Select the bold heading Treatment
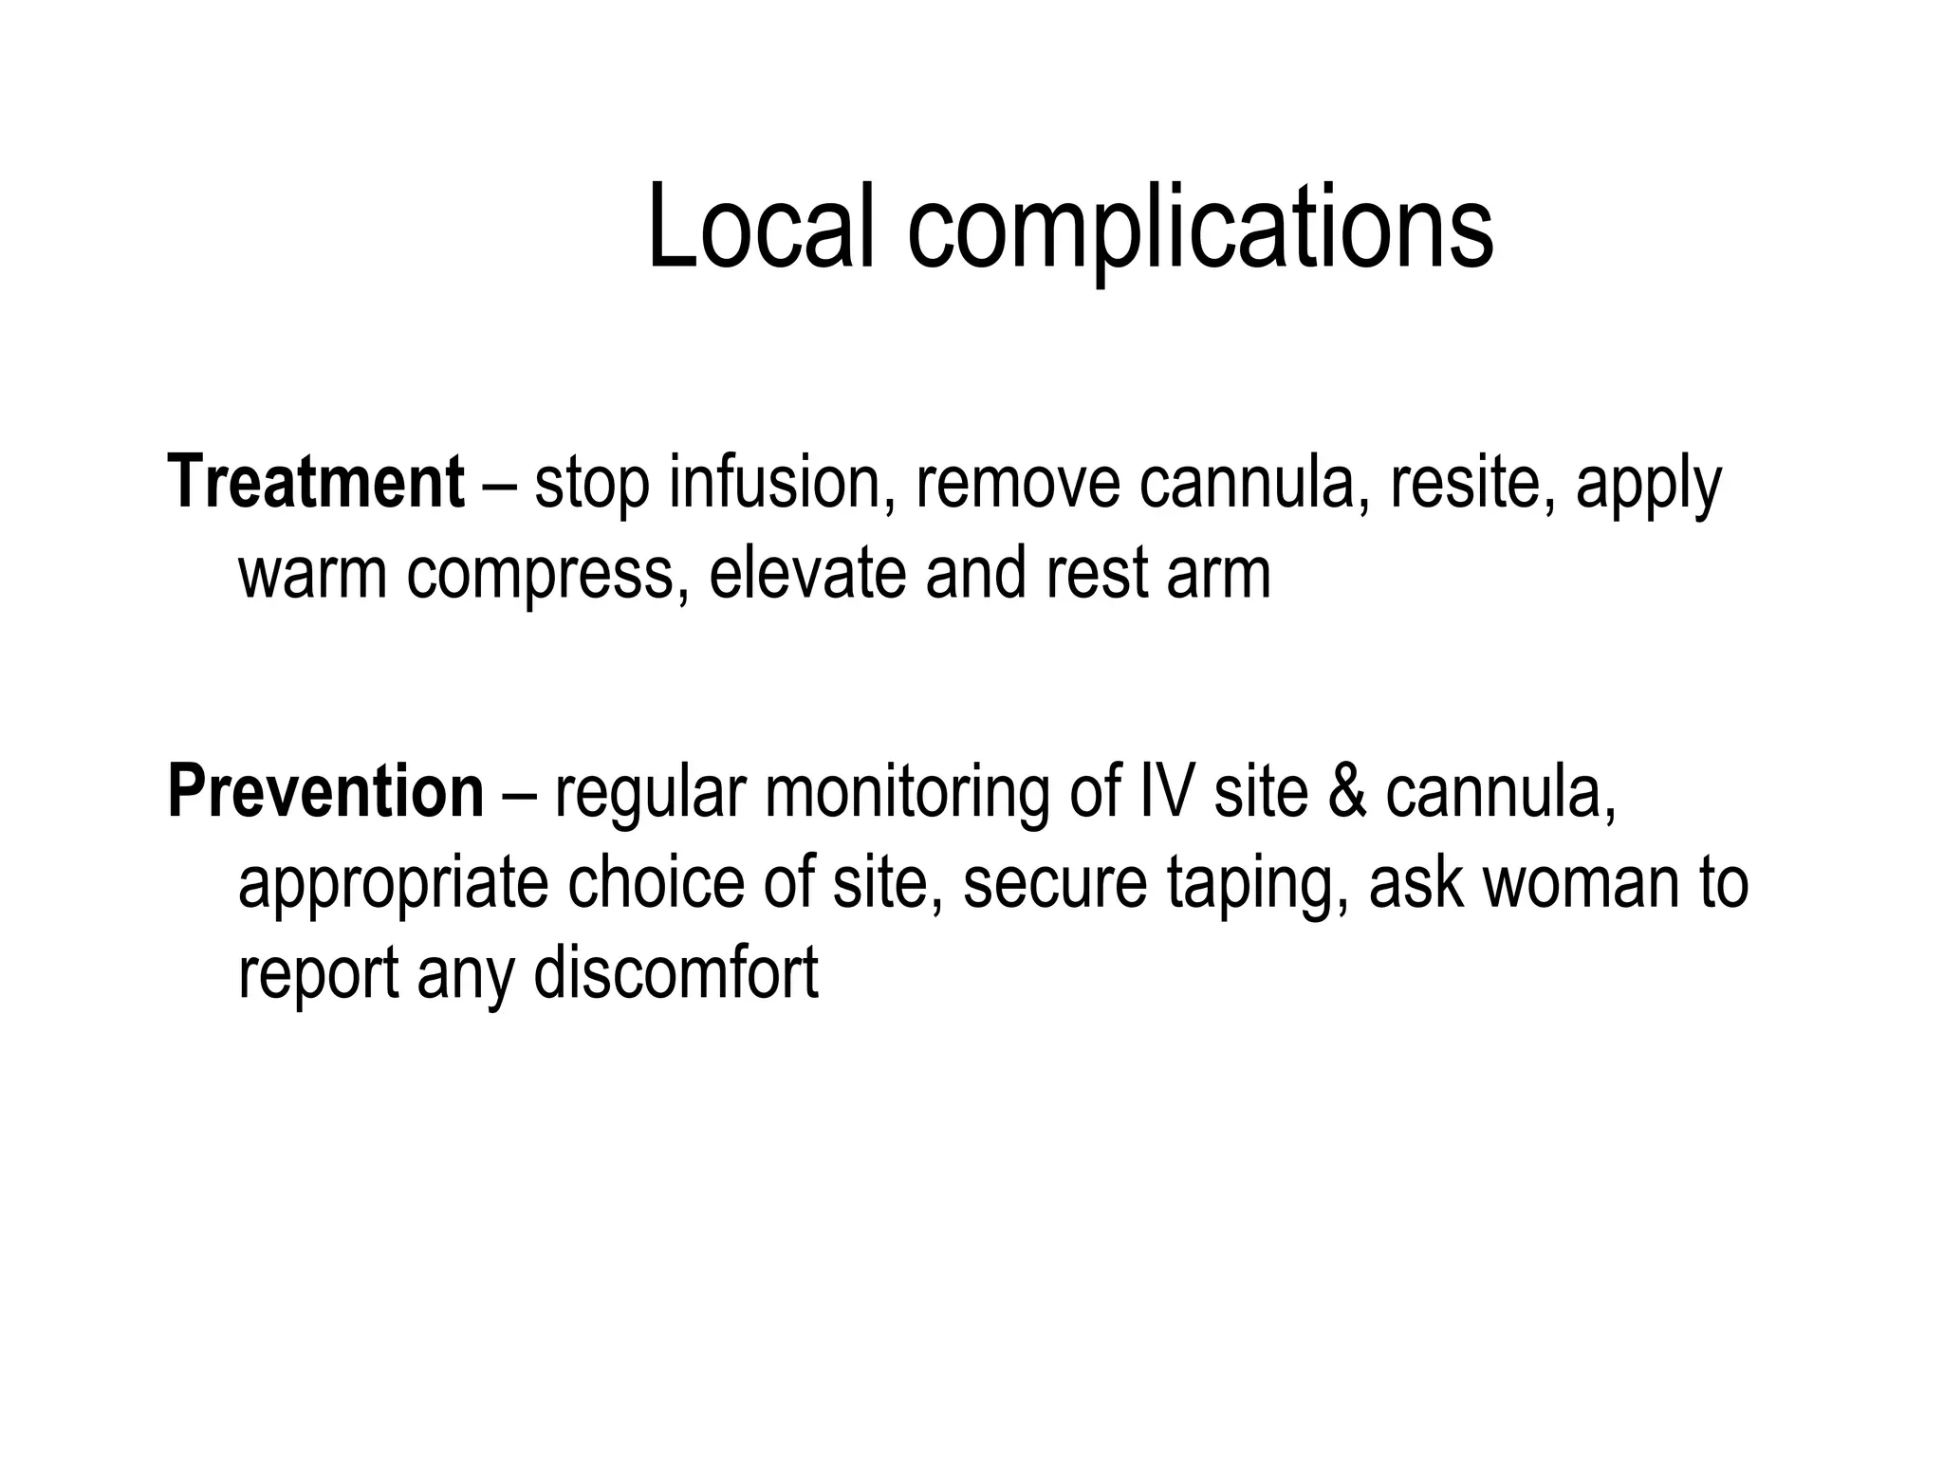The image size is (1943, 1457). [x=316, y=483]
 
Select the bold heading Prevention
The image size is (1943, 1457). [x=325, y=792]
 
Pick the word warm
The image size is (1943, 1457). [x=312, y=574]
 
